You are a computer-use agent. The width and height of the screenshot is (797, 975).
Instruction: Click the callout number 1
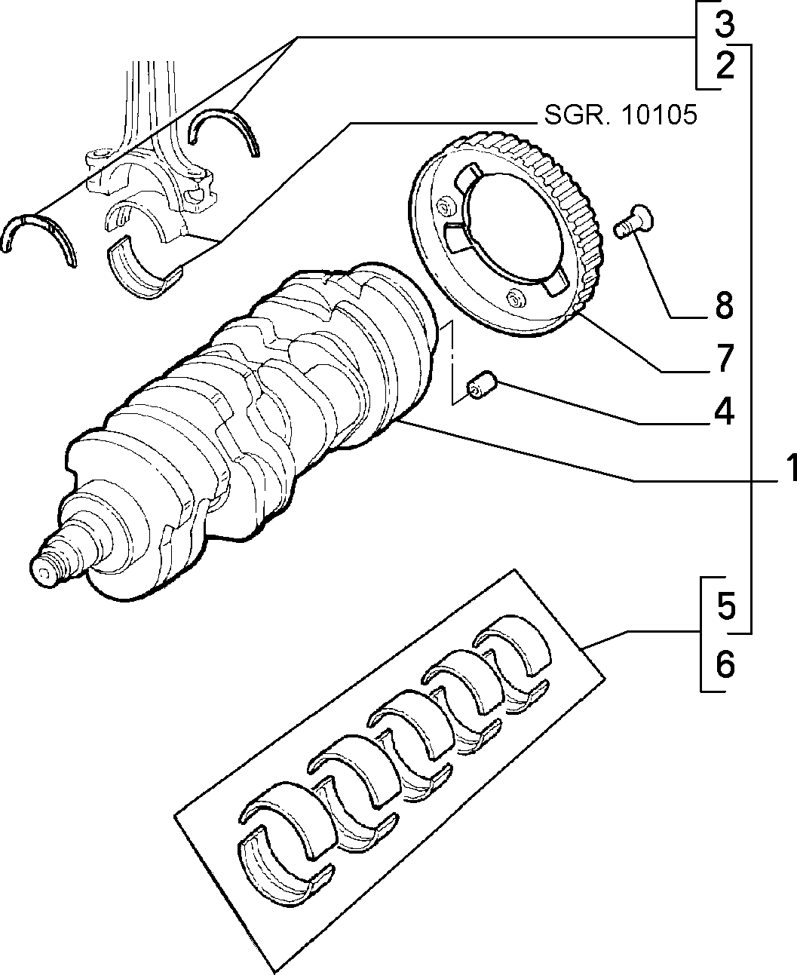click(789, 468)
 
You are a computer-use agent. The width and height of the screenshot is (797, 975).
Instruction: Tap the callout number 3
click(725, 24)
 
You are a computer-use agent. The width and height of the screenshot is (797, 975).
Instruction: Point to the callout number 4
click(724, 410)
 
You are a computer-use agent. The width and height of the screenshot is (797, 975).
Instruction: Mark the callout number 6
click(725, 664)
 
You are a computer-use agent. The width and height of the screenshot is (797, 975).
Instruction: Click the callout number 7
click(724, 357)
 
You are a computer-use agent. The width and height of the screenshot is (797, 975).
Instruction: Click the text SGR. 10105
click(621, 115)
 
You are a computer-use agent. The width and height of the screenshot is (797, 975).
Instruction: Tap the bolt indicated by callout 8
click(633, 222)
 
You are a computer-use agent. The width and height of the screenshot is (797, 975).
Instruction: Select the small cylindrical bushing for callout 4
click(482, 384)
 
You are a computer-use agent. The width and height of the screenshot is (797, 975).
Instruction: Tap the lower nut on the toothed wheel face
click(514, 299)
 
